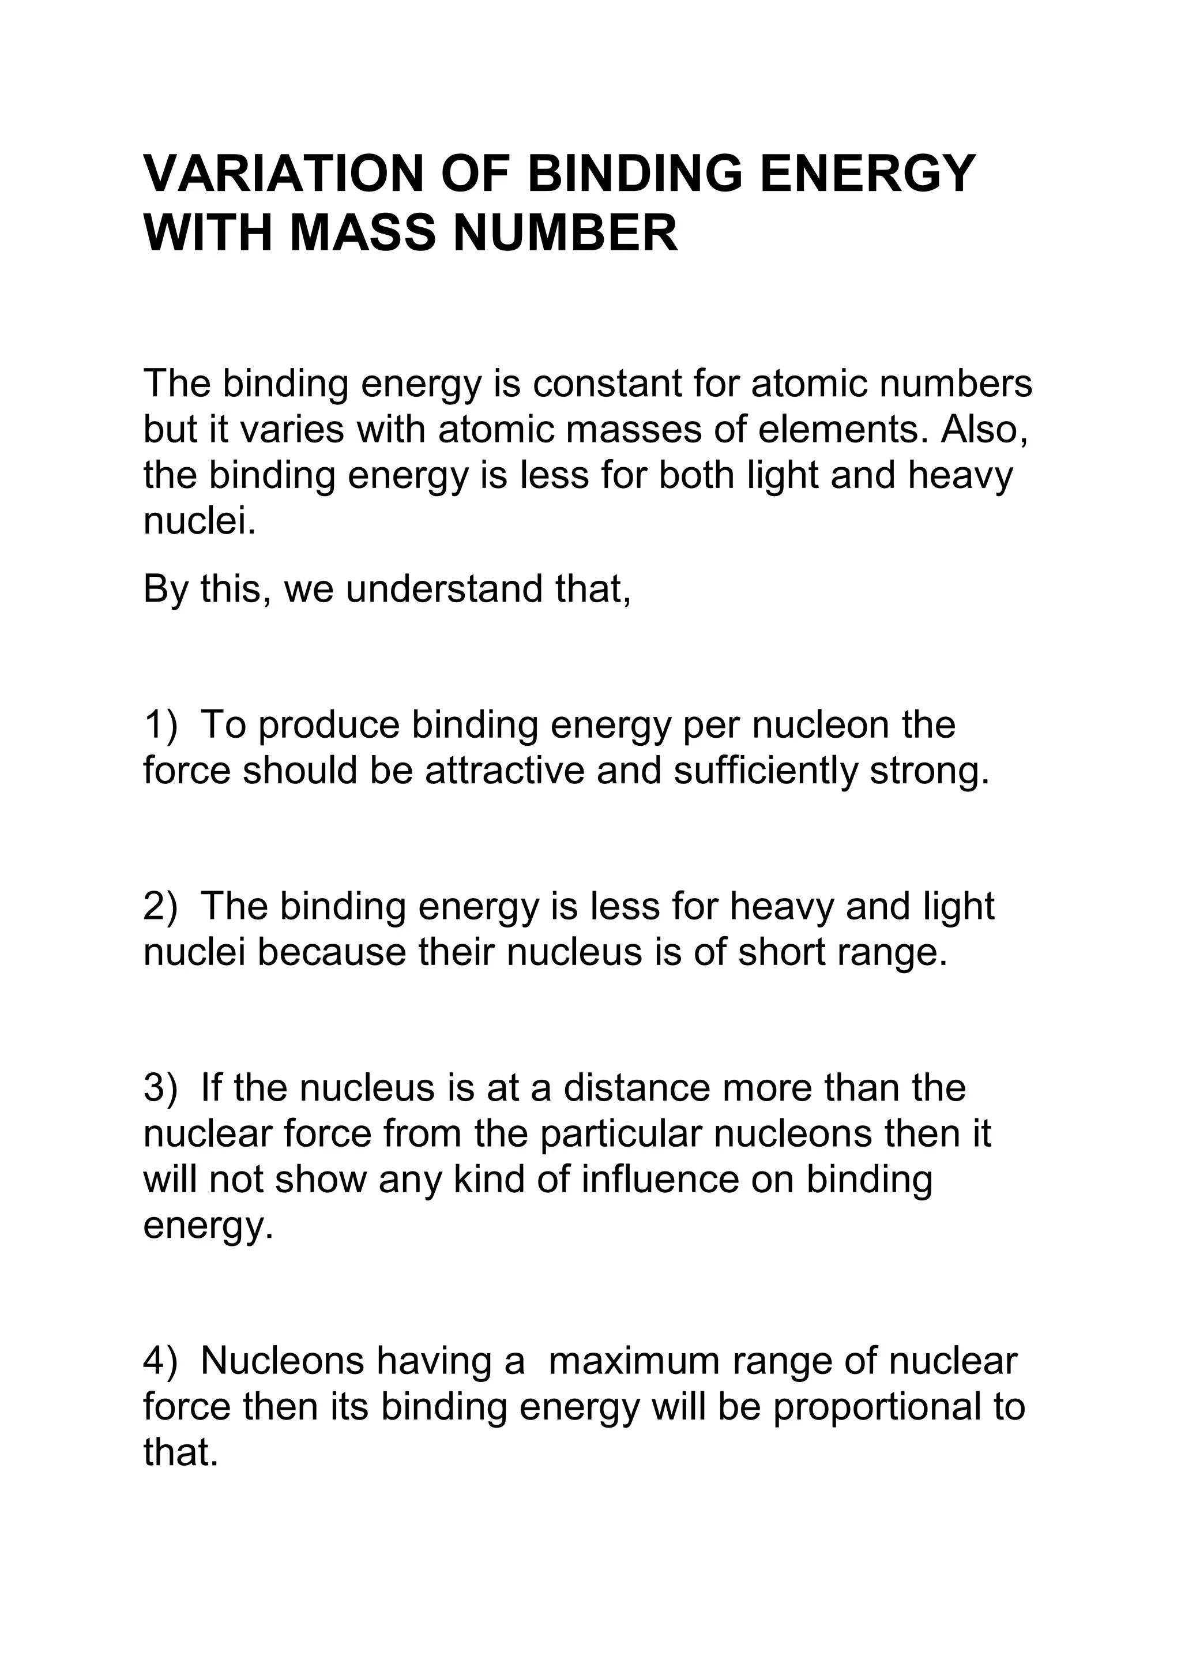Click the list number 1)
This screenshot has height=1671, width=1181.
pos(161,725)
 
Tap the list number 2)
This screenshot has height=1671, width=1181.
pos(161,907)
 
